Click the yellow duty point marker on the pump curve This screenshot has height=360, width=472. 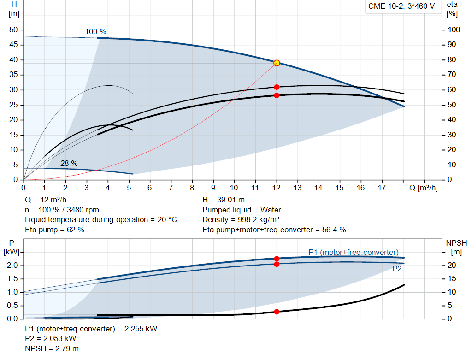(277, 63)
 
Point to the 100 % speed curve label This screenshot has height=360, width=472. (96, 32)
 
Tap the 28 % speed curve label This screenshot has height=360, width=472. (69, 163)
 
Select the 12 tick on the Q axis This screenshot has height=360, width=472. (277, 188)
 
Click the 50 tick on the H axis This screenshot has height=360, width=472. (13, 30)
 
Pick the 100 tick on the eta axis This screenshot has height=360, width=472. (454, 30)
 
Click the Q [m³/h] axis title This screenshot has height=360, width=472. (424, 188)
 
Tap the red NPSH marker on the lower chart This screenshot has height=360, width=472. (277, 312)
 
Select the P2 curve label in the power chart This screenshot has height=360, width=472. (397, 269)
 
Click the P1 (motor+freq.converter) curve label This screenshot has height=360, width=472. (354, 252)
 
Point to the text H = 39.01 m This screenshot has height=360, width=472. (224, 200)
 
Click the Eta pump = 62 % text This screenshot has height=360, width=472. (54, 230)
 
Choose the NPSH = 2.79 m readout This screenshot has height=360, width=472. (52, 348)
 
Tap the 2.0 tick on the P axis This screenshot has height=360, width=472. (12, 266)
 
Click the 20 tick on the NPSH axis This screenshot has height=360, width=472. (452, 266)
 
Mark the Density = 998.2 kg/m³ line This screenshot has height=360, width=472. (241, 220)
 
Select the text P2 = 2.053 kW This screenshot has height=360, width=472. (51, 339)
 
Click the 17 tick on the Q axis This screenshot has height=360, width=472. (382, 188)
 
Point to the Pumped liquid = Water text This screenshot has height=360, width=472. (242, 210)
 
